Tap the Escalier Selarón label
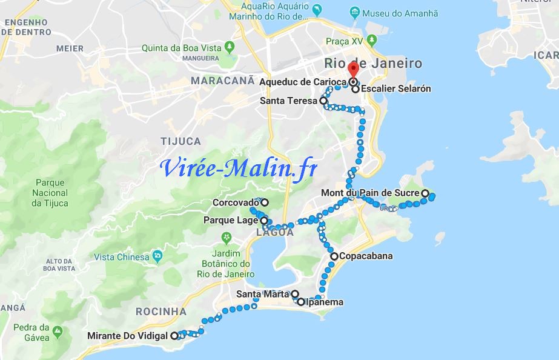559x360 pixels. click(397, 88)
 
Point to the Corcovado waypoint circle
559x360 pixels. click(265, 202)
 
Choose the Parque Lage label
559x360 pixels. click(231, 220)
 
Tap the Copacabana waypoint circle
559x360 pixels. click(334, 256)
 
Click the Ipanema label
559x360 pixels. click(324, 302)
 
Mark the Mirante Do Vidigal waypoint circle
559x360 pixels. click(174, 335)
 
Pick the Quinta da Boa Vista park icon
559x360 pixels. click(229, 47)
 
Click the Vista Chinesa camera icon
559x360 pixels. click(157, 256)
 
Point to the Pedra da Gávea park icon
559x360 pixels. click(58, 332)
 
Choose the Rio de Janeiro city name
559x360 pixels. click(373, 63)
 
